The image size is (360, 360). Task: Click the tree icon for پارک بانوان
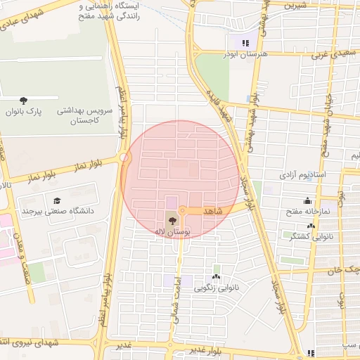(x=24, y=100)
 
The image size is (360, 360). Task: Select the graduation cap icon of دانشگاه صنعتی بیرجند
(x=56, y=200)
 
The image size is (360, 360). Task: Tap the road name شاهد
(x=212, y=211)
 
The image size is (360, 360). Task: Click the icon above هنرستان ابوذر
(x=245, y=43)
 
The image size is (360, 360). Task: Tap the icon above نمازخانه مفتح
(x=307, y=200)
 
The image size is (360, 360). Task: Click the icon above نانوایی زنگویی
(x=216, y=277)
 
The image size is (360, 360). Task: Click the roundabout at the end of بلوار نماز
(x=125, y=158)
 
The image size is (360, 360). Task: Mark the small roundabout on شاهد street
(x=181, y=210)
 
